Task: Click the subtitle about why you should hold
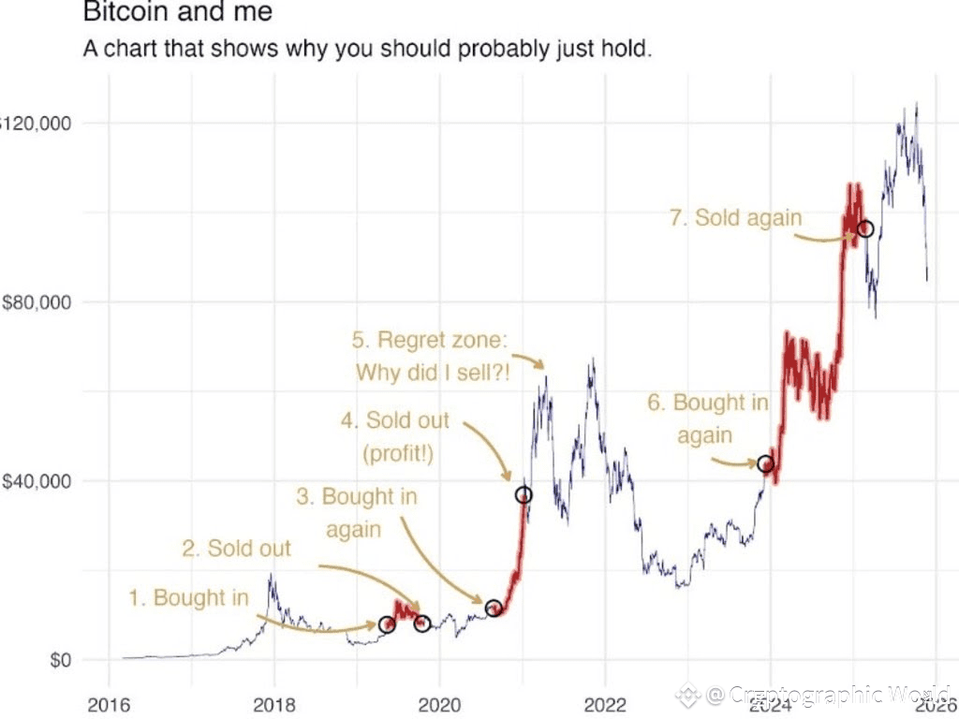tap(366, 48)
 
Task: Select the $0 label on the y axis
tap(55, 660)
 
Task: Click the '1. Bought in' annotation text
tap(188, 597)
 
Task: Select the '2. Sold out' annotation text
tap(236, 548)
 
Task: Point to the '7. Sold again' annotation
tap(736, 218)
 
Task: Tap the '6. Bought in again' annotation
tap(707, 418)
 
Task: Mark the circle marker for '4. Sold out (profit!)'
tap(524, 494)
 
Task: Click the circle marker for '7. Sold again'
tap(865, 229)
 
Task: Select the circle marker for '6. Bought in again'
tap(766, 463)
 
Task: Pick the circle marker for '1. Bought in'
tap(387, 624)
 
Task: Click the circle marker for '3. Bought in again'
tap(494, 609)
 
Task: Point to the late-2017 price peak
tap(271, 575)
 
